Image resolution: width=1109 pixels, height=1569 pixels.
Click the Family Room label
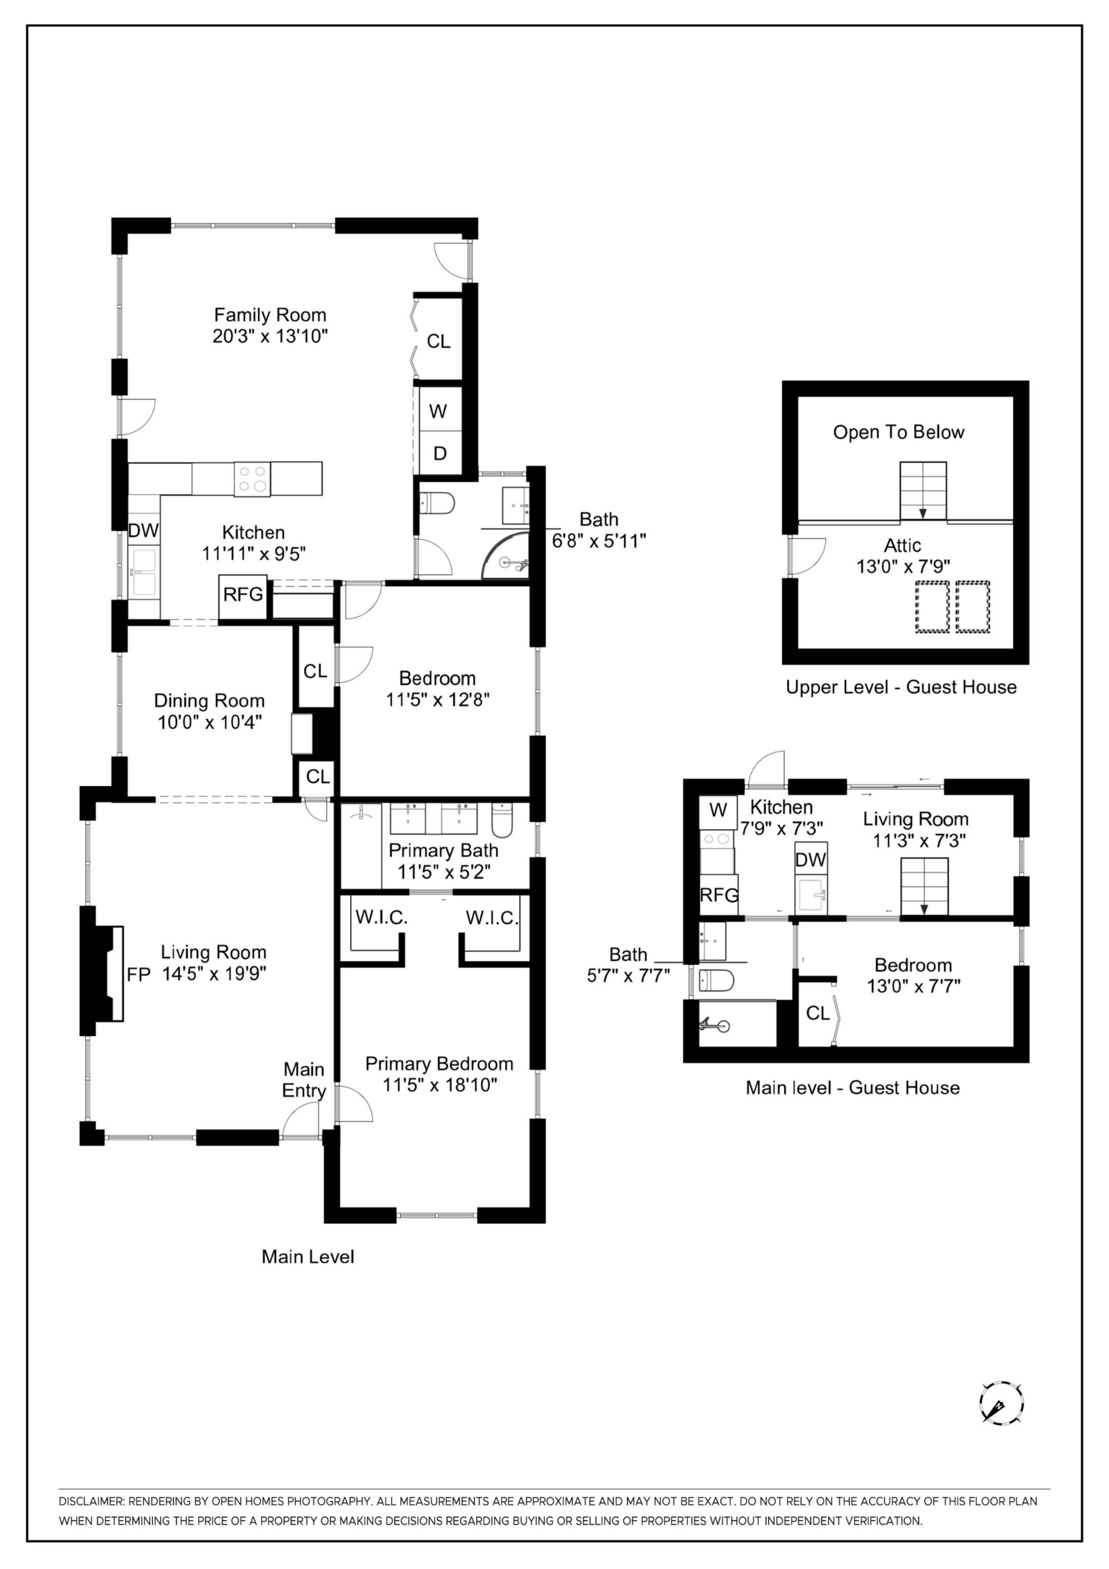[270, 315]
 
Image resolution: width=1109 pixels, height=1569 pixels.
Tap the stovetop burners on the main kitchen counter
[252, 478]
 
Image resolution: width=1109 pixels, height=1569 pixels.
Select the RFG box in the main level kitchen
[243, 595]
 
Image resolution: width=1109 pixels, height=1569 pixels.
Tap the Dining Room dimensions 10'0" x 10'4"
[210, 722]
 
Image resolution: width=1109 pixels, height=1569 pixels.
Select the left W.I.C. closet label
[381, 918]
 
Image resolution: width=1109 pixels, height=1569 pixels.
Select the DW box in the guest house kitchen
[810, 860]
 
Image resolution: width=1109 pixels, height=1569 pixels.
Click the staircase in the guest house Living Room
[924, 886]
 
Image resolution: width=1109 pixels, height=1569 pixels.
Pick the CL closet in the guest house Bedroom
[817, 1013]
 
